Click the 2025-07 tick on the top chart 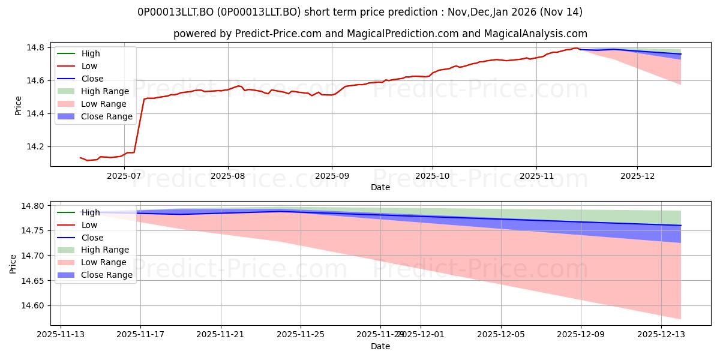pos(124,175)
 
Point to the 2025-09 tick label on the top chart pos(332,175)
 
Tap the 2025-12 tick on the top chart pos(637,175)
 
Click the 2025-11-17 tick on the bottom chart pos(140,334)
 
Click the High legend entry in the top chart pos(91,53)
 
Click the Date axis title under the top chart pos(380,187)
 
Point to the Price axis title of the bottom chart pos(13,263)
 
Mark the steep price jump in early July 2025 pos(139,126)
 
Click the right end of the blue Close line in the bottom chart pos(681,226)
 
